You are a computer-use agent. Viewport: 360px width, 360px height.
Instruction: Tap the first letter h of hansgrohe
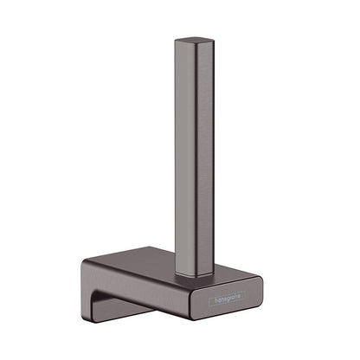coord(215,299)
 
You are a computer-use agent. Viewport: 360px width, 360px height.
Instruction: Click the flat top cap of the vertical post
coord(195,41)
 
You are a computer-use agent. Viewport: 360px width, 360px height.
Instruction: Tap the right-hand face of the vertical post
coord(206,158)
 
